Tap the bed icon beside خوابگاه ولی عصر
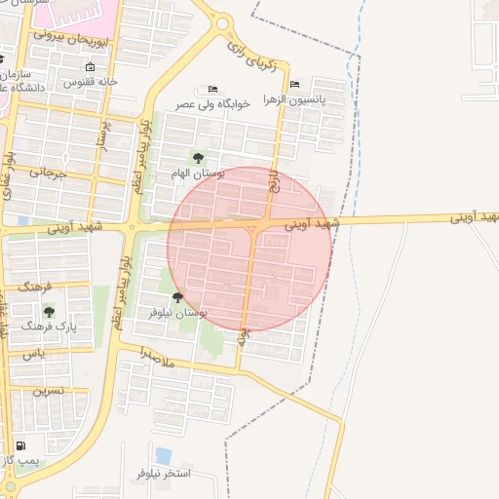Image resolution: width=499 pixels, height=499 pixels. coord(213,89)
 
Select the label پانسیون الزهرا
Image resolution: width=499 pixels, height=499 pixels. coord(322,98)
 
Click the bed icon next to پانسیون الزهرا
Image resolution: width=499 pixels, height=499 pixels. coord(295,85)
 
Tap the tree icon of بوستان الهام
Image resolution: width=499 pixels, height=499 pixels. coord(198,158)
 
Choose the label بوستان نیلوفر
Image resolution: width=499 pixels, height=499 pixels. coord(177,312)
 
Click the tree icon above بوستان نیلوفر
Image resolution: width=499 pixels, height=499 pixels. coord(177,297)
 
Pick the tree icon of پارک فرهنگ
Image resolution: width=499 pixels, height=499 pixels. coord(49,312)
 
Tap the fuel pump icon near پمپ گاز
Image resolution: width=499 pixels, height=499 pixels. coord(21,445)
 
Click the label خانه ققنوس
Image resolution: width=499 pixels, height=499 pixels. coord(91,83)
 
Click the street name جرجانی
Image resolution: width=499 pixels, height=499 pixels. coord(47,173)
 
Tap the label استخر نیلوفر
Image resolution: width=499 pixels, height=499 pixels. coord(163,473)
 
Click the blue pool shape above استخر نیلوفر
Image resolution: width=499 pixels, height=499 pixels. coord(163,455)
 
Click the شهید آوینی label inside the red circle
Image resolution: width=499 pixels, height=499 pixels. coord(313,223)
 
